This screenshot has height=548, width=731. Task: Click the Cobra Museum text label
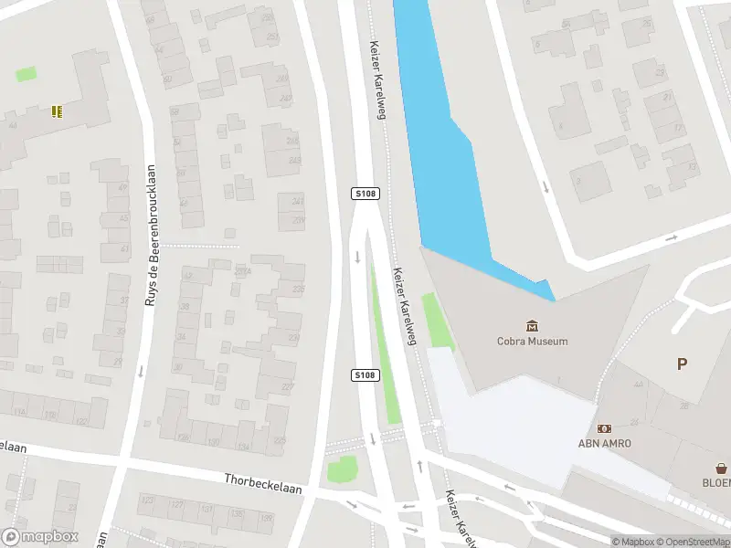pyautogui.click(x=532, y=342)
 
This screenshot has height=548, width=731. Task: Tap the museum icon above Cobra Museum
pyautogui.click(x=532, y=325)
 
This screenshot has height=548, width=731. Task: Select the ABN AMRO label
pyautogui.click(x=604, y=444)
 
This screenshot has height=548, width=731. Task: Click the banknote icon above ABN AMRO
pyautogui.click(x=604, y=427)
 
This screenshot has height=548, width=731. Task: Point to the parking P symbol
pyautogui.click(x=682, y=364)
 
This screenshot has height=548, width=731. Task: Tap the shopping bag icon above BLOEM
pyautogui.click(x=718, y=465)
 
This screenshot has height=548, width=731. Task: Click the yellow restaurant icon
pyautogui.click(x=57, y=111)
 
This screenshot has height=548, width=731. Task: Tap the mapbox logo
pyautogui.click(x=41, y=536)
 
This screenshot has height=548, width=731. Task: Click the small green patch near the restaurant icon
pyautogui.click(x=26, y=73)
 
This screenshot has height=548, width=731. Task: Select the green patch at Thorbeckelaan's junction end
pyautogui.click(x=342, y=470)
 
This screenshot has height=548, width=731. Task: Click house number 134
pyautogui.click(x=243, y=445)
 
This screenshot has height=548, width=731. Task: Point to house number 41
pyautogui.click(x=125, y=248)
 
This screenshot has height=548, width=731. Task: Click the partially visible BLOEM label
pyautogui.click(x=717, y=482)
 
